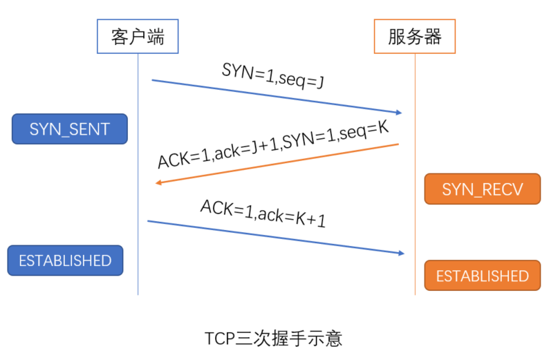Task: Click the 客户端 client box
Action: click(x=138, y=37)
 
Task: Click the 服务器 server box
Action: click(x=415, y=37)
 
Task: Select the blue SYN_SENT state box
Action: click(x=70, y=129)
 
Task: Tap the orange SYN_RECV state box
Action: click(x=482, y=189)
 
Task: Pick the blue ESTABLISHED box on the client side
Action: click(x=65, y=260)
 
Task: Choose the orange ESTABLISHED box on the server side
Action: click(x=482, y=276)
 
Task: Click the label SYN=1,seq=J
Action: click(x=273, y=75)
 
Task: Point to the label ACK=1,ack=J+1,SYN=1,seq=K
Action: click(x=273, y=144)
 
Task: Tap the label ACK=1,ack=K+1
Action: click(x=263, y=213)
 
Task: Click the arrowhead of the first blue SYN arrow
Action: click(x=399, y=113)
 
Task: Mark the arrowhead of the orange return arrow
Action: click(x=158, y=182)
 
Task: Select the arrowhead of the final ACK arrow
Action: click(x=402, y=253)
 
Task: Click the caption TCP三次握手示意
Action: click(x=273, y=339)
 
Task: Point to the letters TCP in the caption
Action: click(x=220, y=339)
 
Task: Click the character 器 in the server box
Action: click(x=433, y=37)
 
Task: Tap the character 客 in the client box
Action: click(x=120, y=37)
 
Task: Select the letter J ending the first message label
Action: click(x=321, y=82)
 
